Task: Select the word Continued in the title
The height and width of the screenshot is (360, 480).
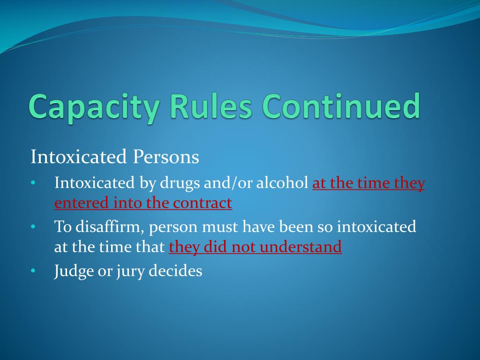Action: [341, 106]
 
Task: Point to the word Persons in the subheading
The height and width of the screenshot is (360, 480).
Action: [166, 157]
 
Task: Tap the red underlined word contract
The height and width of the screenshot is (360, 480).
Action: [202, 203]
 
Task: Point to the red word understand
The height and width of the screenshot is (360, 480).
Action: [300, 247]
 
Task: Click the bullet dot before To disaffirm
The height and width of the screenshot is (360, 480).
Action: [33, 227]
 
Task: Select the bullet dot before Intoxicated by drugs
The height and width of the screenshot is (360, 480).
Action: [33, 183]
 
